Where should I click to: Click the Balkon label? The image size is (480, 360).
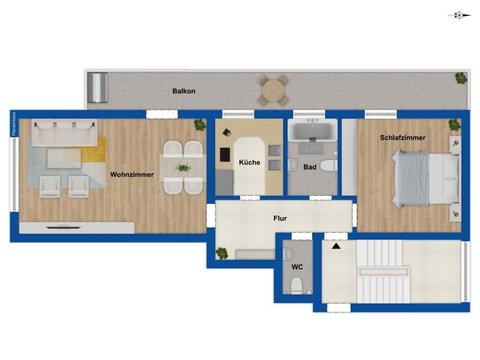[184, 91]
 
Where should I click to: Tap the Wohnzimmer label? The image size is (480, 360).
[132, 174]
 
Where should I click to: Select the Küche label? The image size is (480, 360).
[249, 162]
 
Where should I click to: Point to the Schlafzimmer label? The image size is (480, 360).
[403, 138]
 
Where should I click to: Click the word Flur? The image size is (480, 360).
[280, 218]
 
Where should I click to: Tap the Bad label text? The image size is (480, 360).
[310, 167]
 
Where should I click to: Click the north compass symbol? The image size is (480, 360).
[459, 15]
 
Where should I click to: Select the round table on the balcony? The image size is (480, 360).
[273, 90]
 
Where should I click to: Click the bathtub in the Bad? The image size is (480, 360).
[312, 130]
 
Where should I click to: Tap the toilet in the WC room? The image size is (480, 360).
[296, 285]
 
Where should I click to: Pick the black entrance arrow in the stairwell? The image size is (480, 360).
[336, 246]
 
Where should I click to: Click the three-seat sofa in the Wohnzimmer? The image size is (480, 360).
[65, 133]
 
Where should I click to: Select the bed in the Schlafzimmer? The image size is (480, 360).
[427, 179]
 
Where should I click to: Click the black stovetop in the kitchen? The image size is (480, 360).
[225, 155]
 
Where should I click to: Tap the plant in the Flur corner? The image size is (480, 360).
[222, 253]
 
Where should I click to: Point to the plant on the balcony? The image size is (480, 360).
[461, 78]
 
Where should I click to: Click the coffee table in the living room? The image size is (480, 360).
[64, 158]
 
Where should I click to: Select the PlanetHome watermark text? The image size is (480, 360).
[14, 124]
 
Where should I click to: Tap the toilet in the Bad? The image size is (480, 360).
[329, 165]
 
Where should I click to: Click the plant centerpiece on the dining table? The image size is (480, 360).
[183, 168]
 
